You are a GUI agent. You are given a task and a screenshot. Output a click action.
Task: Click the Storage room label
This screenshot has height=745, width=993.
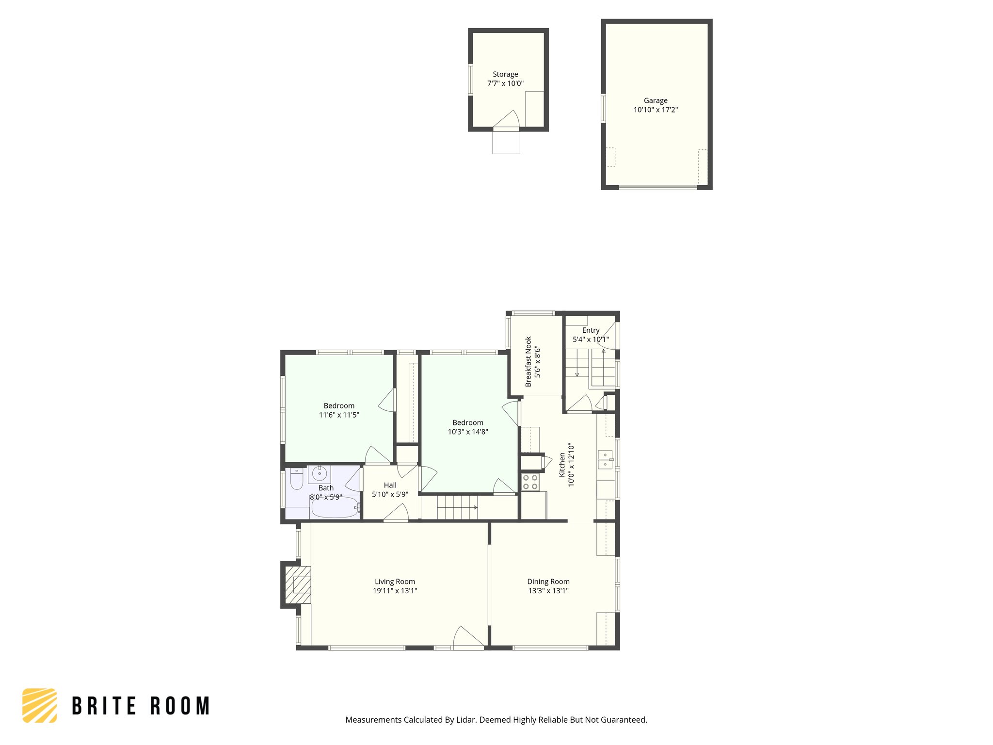(x=505, y=74)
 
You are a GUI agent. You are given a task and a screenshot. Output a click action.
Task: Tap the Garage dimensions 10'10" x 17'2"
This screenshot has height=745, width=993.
(x=656, y=110)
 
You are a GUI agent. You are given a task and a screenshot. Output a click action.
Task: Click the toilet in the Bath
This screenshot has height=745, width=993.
(x=296, y=479)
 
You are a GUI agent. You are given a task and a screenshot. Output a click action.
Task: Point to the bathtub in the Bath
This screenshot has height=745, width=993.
(x=334, y=508)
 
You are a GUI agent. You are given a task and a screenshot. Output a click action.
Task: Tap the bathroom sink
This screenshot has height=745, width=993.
(x=320, y=473)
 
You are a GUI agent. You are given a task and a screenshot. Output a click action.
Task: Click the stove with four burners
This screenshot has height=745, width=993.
(x=530, y=482)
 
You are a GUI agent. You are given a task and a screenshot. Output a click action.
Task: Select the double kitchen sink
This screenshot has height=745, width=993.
(x=605, y=459)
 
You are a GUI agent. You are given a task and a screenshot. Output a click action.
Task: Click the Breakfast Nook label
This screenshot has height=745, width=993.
(x=529, y=361)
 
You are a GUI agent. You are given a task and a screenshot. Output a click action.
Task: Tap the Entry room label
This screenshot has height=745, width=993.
(x=591, y=330)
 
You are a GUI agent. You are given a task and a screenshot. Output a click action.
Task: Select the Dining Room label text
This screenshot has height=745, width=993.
(x=548, y=582)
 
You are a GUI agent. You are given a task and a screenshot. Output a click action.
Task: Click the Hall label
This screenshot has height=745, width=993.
(x=390, y=485)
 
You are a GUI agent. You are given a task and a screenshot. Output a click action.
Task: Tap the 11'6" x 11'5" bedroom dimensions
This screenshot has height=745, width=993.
(x=339, y=415)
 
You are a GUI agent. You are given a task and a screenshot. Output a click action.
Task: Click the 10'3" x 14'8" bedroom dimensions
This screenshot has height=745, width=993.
(x=468, y=432)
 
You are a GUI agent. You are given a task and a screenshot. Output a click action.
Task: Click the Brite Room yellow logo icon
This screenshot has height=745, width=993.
(x=40, y=705)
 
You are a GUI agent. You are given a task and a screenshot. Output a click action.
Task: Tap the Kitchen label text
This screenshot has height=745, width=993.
(x=562, y=465)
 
